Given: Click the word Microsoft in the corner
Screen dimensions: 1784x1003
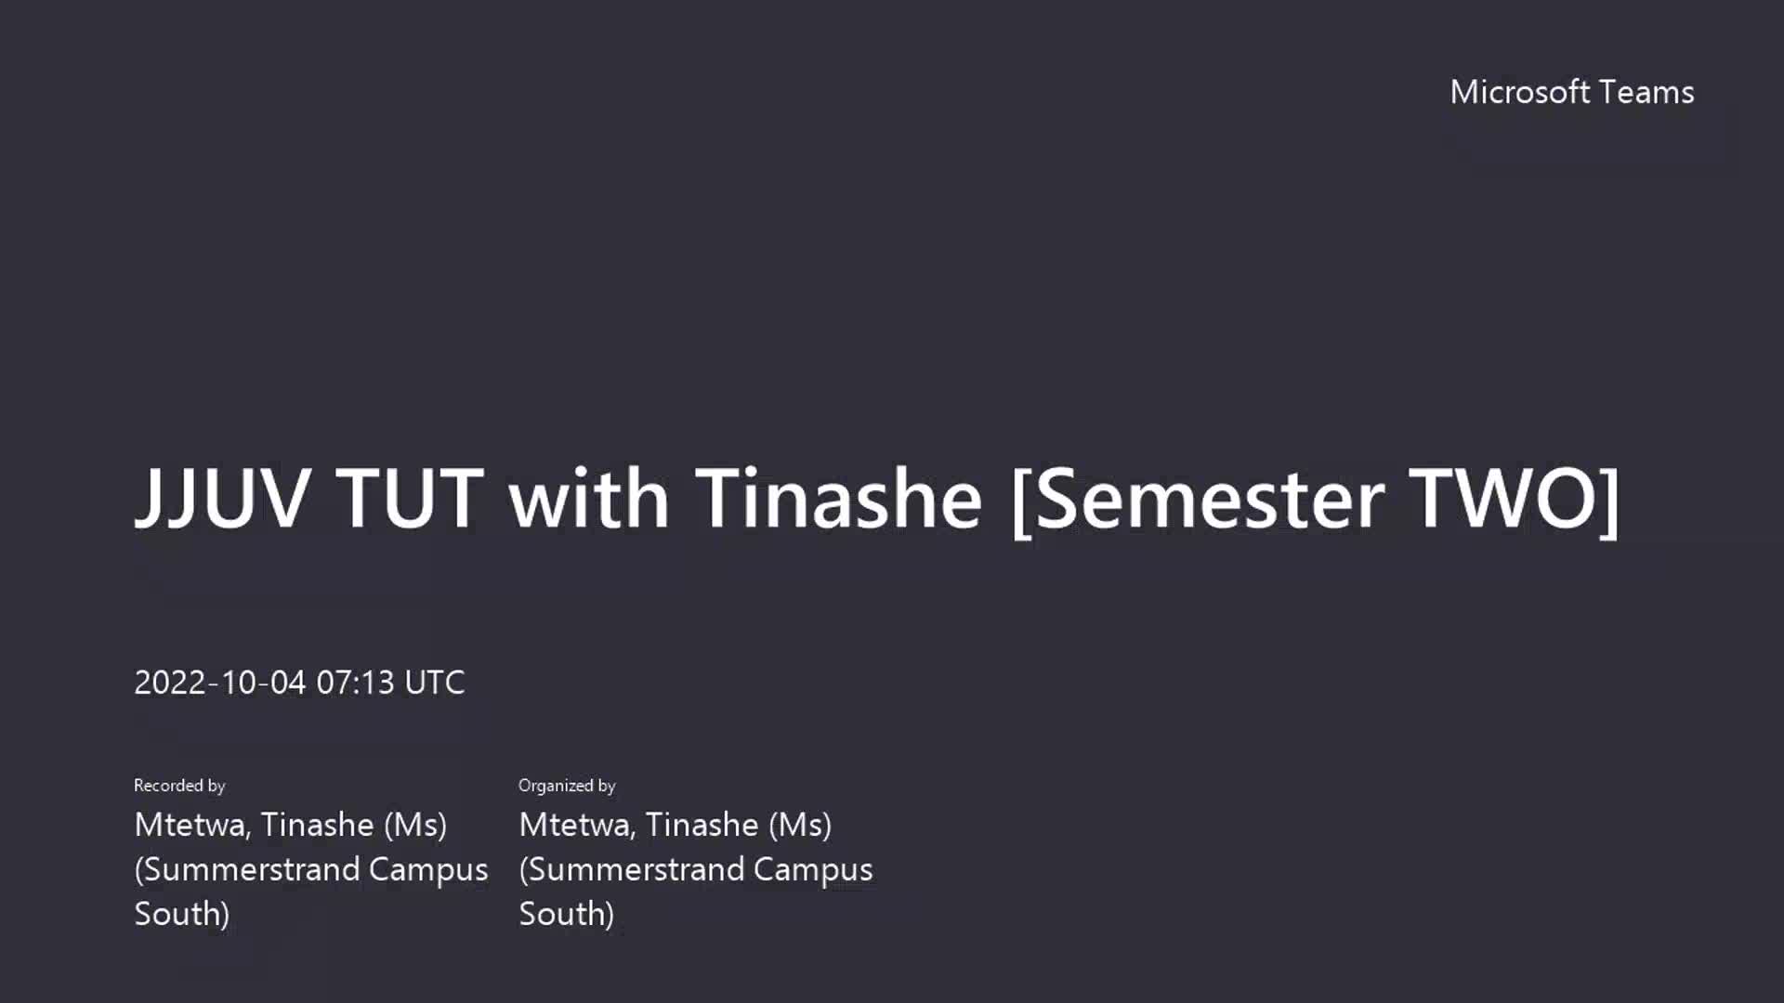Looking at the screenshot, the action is pos(1520,92).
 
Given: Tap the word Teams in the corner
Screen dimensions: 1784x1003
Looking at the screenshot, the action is pos(1647,92).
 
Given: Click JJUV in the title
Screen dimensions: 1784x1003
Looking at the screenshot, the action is pos(222,499).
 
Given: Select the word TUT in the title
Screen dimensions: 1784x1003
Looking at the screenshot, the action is pos(410,498).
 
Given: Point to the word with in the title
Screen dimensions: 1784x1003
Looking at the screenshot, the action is pos(588,498).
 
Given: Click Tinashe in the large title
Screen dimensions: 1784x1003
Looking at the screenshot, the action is pos(838,498).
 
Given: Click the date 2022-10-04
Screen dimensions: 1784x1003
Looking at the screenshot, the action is pos(220,683).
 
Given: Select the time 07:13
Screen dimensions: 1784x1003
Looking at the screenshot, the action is pos(356,683).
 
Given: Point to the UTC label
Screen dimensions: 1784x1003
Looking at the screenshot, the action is pos(435,683).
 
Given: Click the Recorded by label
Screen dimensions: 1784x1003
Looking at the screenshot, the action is pos(179,786).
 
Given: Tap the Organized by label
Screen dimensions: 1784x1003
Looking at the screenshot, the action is pos(567,786).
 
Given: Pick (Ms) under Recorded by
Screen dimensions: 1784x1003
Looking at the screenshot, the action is pos(415,826).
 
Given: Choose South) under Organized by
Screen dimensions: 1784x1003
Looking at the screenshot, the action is pos(567,915).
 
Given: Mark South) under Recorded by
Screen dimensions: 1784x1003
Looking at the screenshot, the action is pos(182,915).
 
